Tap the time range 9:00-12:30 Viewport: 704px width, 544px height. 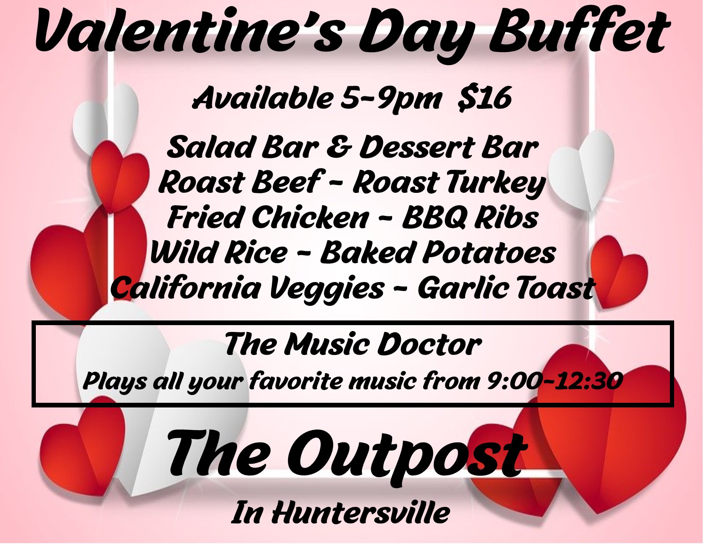click(x=554, y=381)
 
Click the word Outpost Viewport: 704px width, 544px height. click(x=405, y=455)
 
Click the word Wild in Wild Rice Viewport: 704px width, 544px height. click(x=183, y=253)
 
